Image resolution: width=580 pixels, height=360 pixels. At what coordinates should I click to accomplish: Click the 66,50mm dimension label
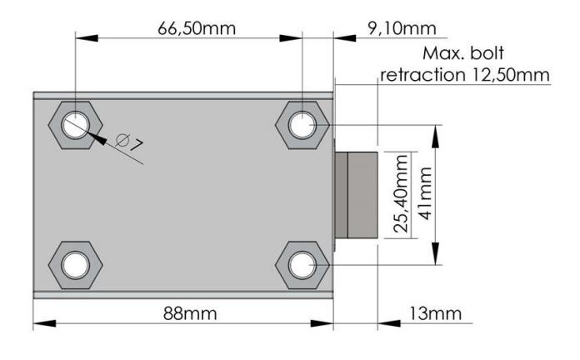[x=197, y=28]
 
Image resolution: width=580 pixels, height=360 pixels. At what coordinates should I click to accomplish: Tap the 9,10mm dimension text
[x=402, y=28]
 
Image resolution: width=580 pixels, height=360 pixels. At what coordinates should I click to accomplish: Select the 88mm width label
[x=190, y=314]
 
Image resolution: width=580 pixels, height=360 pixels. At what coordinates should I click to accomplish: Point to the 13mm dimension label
[x=435, y=314]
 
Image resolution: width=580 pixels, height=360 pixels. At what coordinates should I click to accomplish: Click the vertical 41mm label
[x=425, y=193]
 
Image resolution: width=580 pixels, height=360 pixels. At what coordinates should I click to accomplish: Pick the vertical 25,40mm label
[x=401, y=193]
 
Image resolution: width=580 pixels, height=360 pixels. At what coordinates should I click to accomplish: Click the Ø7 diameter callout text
[x=129, y=142]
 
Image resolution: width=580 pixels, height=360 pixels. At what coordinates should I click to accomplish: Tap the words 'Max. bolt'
[x=462, y=53]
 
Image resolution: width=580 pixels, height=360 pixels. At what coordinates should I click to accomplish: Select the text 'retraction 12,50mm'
[x=465, y=75]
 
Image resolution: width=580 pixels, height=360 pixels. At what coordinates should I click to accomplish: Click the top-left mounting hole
[x=76, y=126]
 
